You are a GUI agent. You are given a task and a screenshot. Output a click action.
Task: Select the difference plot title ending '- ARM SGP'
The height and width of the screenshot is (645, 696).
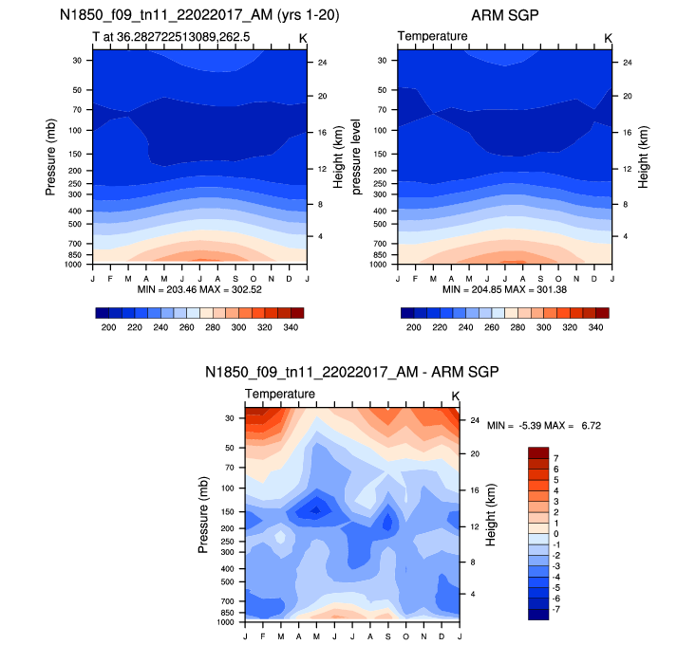tap(352, 372)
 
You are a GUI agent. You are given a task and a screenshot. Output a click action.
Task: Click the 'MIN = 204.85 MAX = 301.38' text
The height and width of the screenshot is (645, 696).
tap(503, 288)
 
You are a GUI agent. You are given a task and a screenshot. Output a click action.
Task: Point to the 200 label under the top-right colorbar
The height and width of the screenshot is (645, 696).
tap(412, 325)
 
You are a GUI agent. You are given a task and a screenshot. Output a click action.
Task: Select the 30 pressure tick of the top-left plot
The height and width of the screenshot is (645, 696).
tap(75, 60)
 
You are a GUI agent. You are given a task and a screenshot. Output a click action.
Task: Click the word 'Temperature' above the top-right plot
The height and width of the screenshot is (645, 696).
tap(432, 36)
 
